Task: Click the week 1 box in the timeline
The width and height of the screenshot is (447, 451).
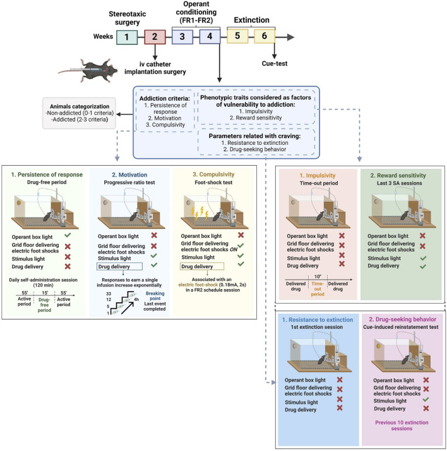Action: (x=127, y=37)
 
